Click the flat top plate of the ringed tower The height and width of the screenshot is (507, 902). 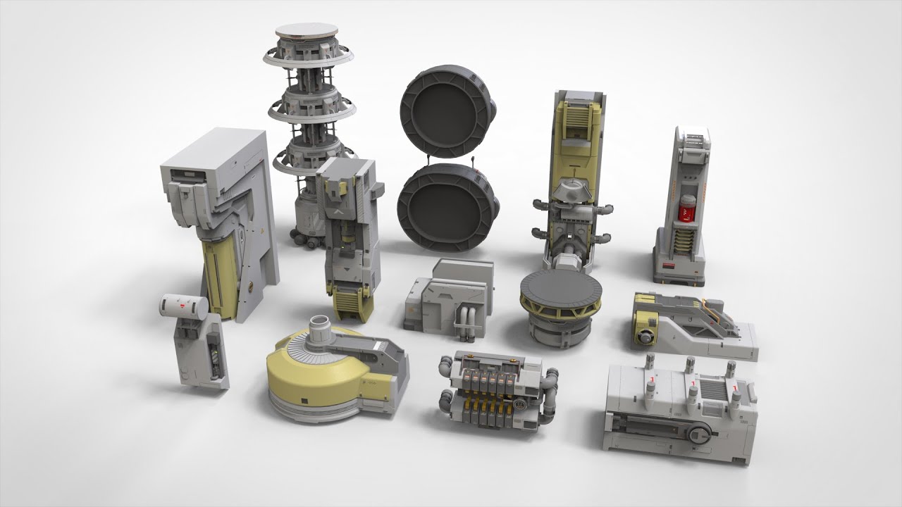click(307, 31)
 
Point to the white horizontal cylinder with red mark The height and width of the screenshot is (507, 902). click(183, 305)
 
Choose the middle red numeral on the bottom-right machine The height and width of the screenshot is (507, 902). click(693, 385)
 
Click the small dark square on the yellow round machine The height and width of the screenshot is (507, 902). click(303, 402)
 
